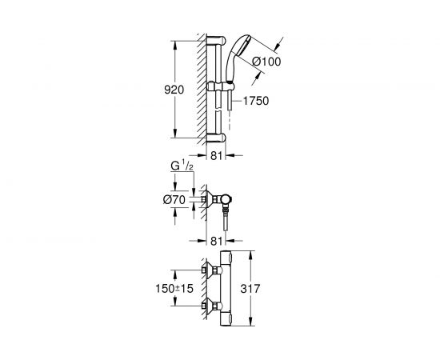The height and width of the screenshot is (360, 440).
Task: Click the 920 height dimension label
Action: pyautogui.click(x=174, y=90)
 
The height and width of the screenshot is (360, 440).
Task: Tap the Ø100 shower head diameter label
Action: pyautogui.click(x=266, y=62)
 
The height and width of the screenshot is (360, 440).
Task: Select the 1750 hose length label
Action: pyautogui.click(x=256, y=101)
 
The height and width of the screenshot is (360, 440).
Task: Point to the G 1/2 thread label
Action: pyautogui.click(x=182, y=166)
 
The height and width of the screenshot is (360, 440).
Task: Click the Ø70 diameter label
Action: pyautogui.click(x=174, y=200)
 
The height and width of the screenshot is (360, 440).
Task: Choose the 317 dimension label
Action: pyautogui.click(x=250, y=289)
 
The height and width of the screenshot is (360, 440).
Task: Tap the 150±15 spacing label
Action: pyautogui.click(x=174, y=288)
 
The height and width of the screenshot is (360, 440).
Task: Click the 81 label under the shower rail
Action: pyautogui.click(x=216, y=155)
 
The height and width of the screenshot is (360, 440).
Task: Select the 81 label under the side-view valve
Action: pyautogui.click(x=216, y=241)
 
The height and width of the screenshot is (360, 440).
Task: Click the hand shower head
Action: pyautogui.click(x=236, y=56)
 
